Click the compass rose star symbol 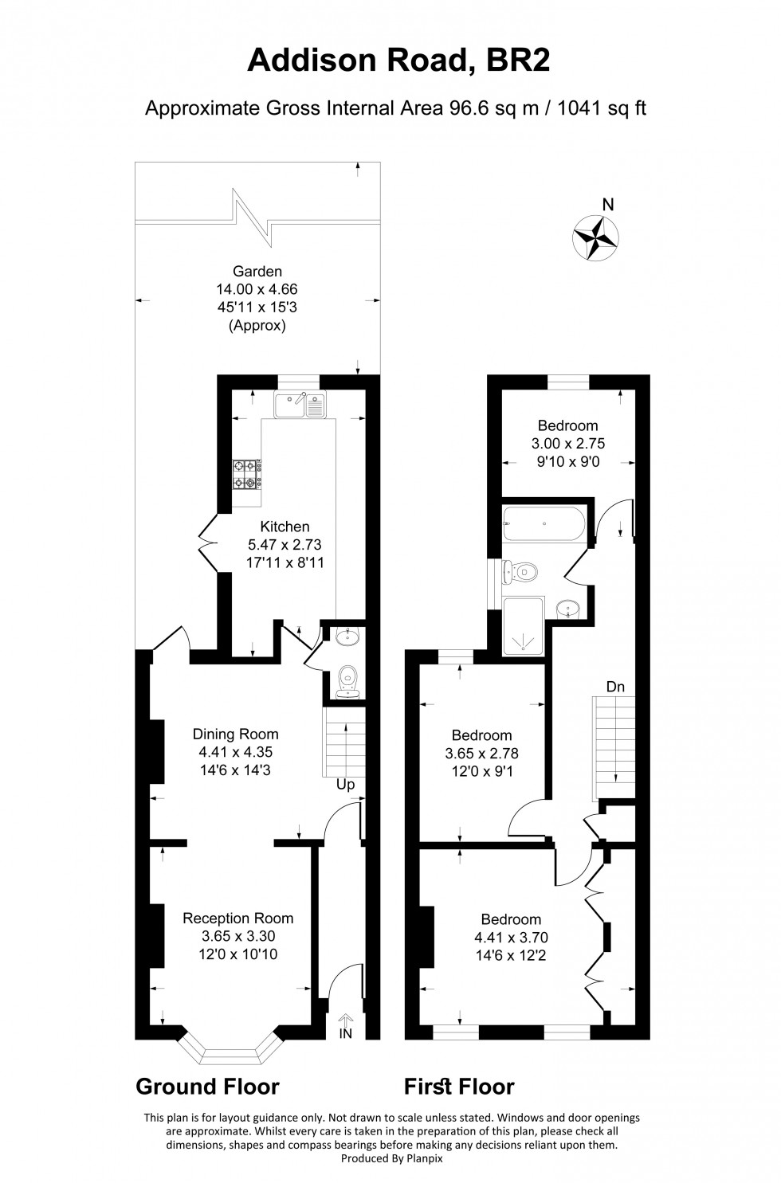coord(596,237)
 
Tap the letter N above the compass coord(608,205)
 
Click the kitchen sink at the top coord(298,405)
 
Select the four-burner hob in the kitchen coord(246,475)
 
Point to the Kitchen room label coord(285,527)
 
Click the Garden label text coord(257,272)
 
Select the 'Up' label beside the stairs coord(345,785)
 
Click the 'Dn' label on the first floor coord(614,687)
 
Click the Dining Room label coord(236,734)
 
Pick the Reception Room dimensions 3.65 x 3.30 coord(238,936)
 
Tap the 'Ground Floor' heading coord(207,1087)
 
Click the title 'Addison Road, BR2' coord(398,61)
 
